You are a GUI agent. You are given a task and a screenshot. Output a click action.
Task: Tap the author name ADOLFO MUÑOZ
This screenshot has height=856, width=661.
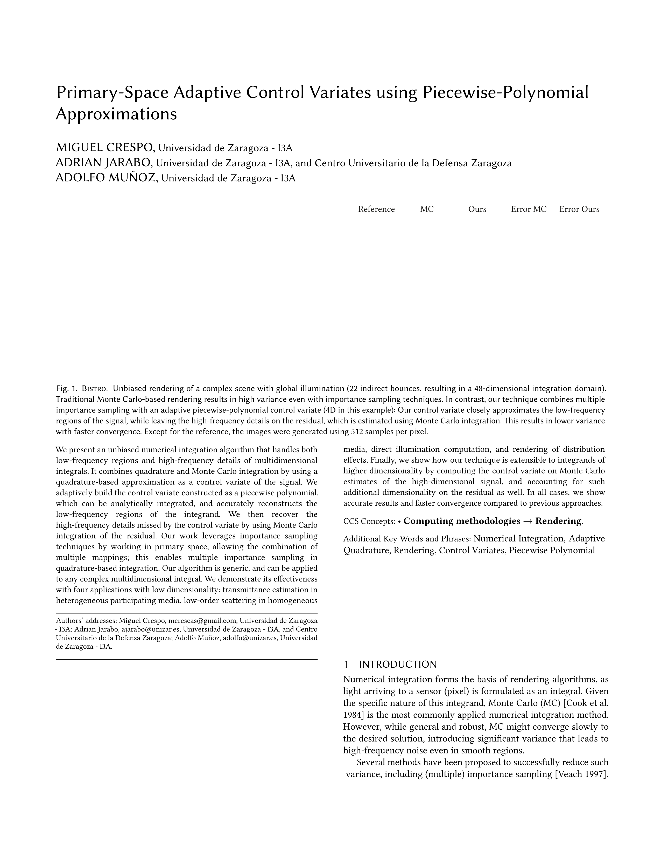coord(107,178)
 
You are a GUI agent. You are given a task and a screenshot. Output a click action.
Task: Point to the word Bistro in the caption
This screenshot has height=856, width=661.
coord(94,388)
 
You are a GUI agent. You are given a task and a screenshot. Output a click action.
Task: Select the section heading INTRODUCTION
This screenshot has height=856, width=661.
coord(397,664)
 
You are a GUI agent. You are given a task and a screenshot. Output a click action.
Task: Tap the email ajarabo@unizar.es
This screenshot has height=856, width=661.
coord(151,629)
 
